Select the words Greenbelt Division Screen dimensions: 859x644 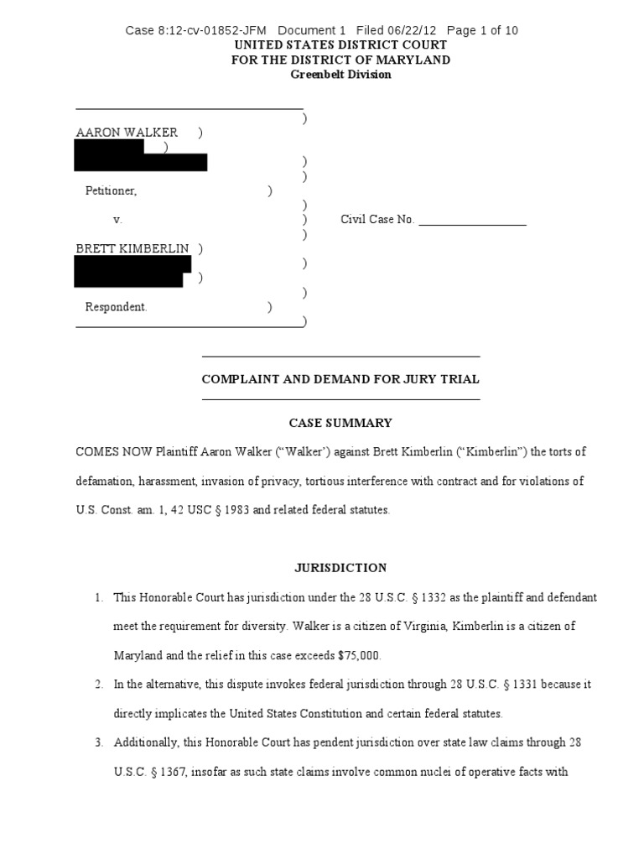pyautogui.click(x=340, y=75)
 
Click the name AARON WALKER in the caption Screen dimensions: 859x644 pyautogui.click(x=127, y=133)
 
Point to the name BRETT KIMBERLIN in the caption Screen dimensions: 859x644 pyautogui.click(x=132, y=248)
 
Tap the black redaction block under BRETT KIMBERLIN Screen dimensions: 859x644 pyautogui.click(x=132, y=271)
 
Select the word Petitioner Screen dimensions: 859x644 pyautogui.click(x=111, y=191)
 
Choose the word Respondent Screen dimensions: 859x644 pyautogui.click(x=116, y=307)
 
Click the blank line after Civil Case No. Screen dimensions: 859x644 pyautogui.click(x=472, y=221)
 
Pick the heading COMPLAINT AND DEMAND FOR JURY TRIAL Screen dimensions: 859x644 pyautogui.click(x=340, y=379)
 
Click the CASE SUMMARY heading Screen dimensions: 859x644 pyautogui.click(x=340, y=424)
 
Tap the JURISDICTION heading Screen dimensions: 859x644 pyautogui.click(x=340, y=568)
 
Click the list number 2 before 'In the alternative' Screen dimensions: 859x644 pyautogui.click(x=98, y=685)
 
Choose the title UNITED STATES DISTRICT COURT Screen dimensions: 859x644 pyautogui.click(x=340, y=45)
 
